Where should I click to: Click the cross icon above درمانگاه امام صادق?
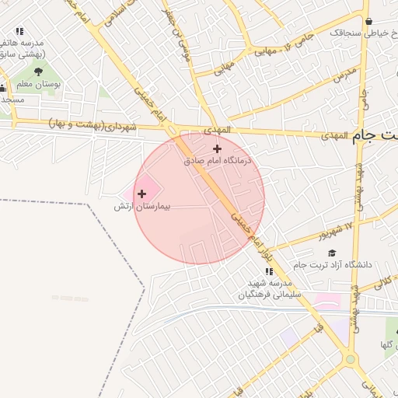[x=217, y=148]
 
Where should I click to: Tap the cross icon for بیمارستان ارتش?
[x=141, y=194]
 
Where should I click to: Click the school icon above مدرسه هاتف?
[x=19, y=32]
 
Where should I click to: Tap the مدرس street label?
[x=344, y=75]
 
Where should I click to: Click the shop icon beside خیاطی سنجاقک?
[x=368, y=22]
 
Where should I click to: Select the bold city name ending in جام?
[x=375, y=137]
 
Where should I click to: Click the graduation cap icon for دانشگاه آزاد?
[x=333, y=253]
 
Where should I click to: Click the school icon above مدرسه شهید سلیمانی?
[x=269, y=272]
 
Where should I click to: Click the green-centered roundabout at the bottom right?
[x=351, y=359]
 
